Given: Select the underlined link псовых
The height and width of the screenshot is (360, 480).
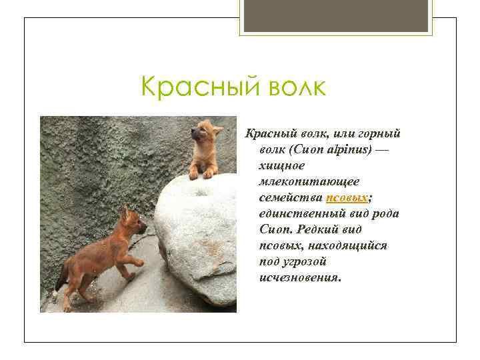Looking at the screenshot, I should click(347, 198).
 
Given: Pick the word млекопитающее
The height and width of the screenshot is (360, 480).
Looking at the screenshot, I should click(303, 182).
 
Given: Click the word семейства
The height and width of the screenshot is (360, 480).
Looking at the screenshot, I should click(291, 198).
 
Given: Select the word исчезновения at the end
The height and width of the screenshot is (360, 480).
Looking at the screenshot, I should click(299, 277).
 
